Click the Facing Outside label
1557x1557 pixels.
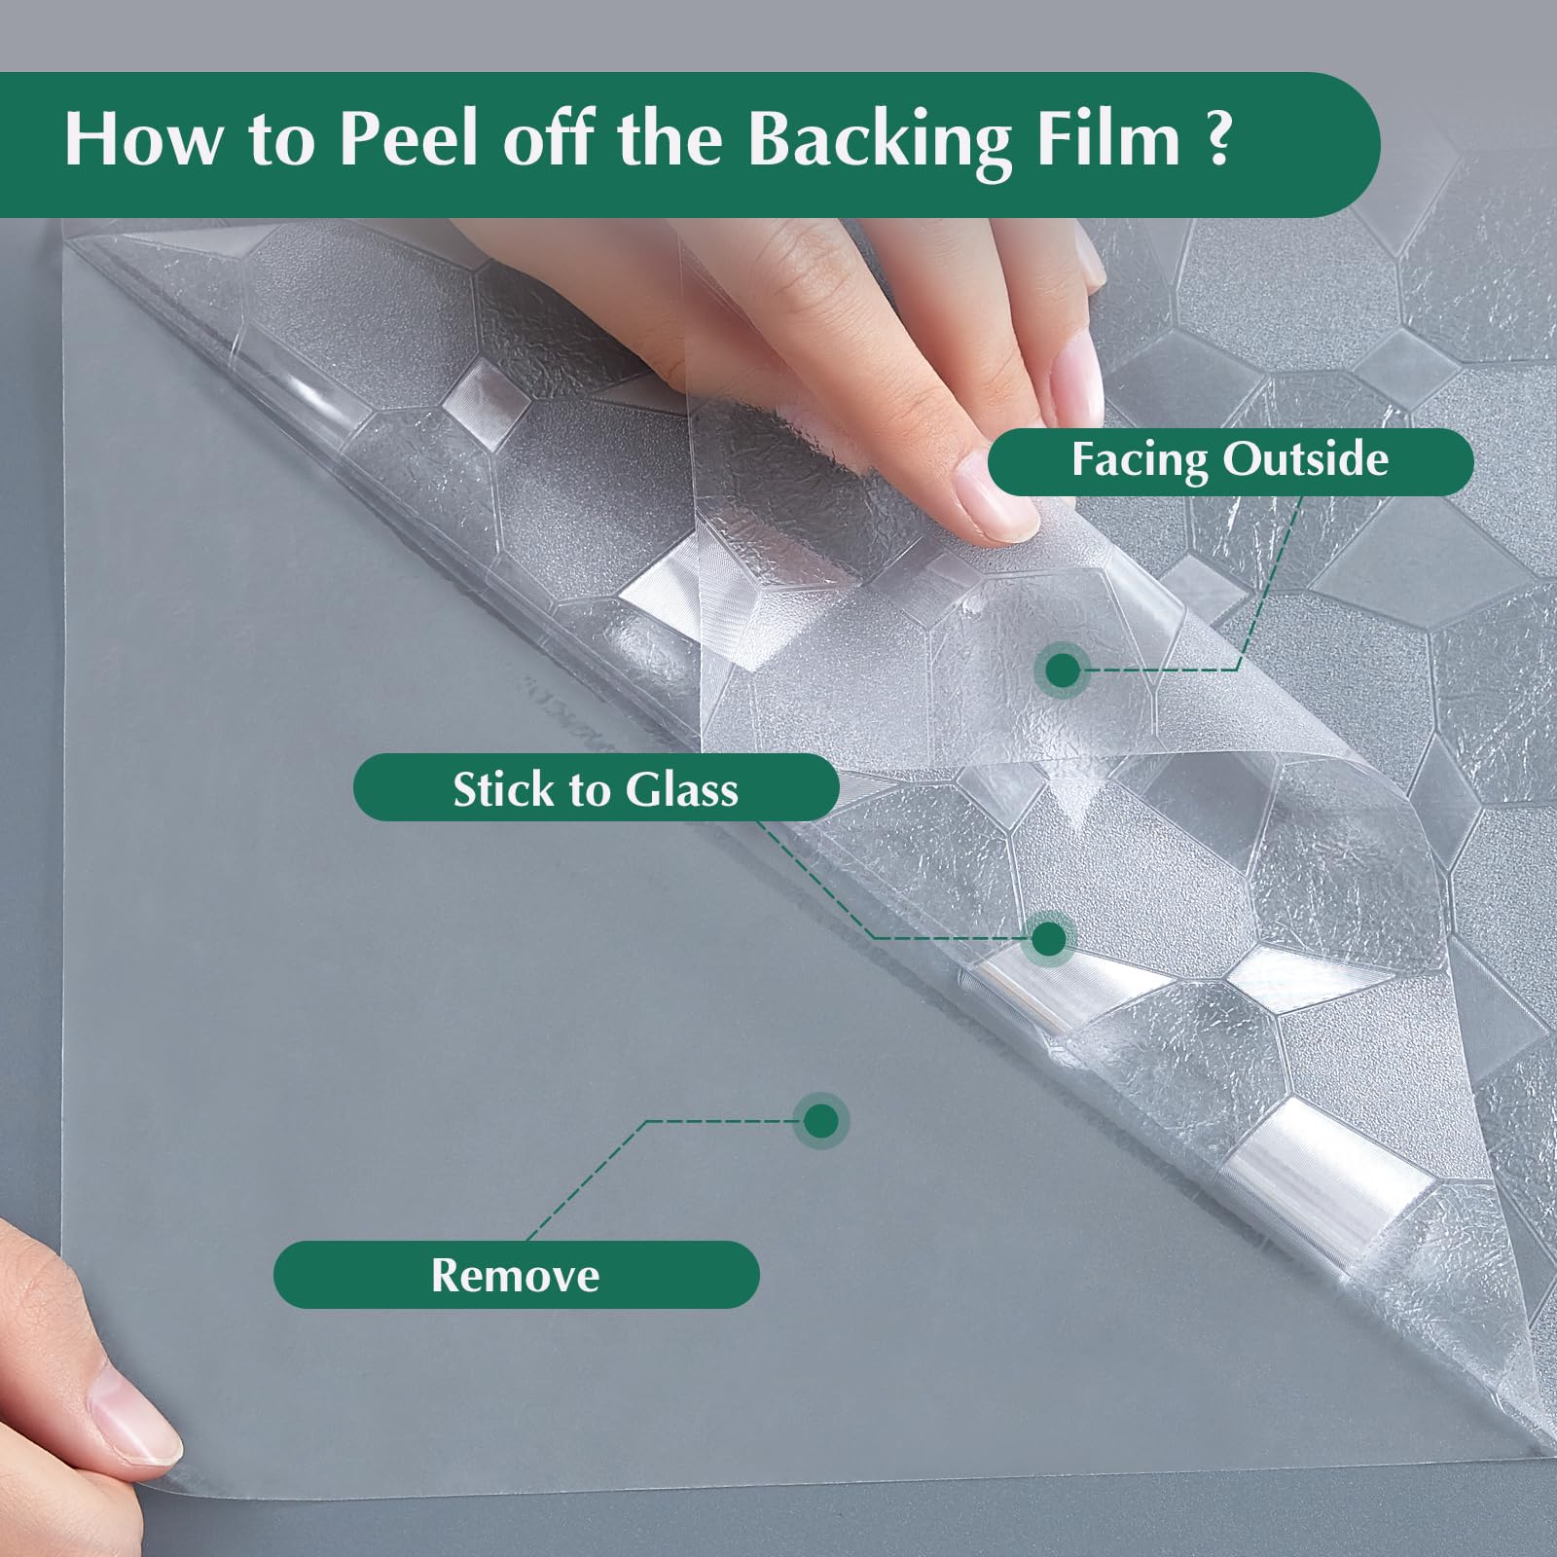[1230, 461]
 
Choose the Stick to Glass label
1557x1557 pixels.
[596, 788]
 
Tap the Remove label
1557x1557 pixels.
[516, 1275]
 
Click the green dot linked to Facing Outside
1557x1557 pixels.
[1063, 670]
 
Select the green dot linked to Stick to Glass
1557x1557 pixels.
[1048, 939]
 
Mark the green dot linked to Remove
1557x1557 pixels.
[821, 1120]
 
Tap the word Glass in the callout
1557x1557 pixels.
[681, 788]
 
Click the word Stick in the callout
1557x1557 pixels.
[501, 788]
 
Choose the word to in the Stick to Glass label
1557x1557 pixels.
[587, 790]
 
